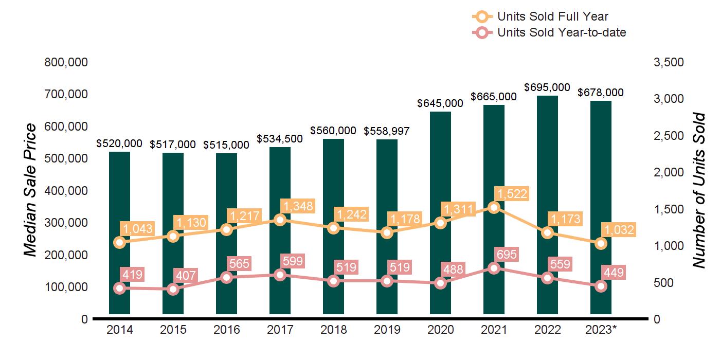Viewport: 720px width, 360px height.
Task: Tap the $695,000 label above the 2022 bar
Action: pos(547,87)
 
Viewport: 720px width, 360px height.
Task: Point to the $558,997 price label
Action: pos(387,131)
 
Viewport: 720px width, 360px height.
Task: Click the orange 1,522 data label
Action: pos(512,194)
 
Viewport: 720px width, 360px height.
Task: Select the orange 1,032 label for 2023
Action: pos(619,230)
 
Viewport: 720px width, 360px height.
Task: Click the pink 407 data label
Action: pos(184,276)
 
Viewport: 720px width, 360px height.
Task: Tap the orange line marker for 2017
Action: pos(280,220)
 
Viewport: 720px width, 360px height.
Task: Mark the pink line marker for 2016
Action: pos(227,278)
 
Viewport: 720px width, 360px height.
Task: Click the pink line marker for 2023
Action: pos(601,286)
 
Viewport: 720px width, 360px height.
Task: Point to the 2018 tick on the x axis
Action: pos(334,330)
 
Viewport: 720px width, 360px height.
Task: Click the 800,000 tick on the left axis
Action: pos(67,62)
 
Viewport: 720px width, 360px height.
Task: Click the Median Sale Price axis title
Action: pos(31,190)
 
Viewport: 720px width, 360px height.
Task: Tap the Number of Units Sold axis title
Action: pos(698,190)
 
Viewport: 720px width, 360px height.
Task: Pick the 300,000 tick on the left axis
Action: pos(67,223)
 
